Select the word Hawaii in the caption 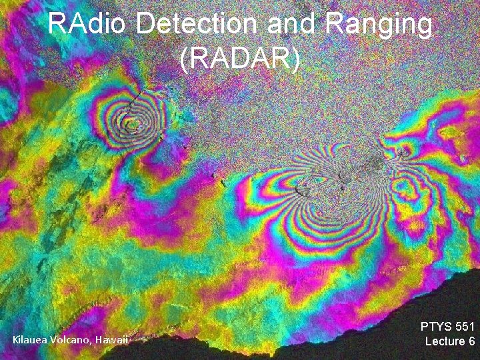click(x=111, y=341)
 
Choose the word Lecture click(x=445, y=341)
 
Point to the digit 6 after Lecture click(x=471, y=341)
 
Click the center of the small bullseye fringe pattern click(x=133, y=122)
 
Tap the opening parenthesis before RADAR click(x=184, y=59)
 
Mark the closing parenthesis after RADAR click(x=296, y=59)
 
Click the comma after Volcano click(x=92, y=343)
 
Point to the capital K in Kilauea click(x=16, y=341)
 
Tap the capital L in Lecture click(x=429, y=341)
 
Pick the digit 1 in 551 click(x=471, y=327)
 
